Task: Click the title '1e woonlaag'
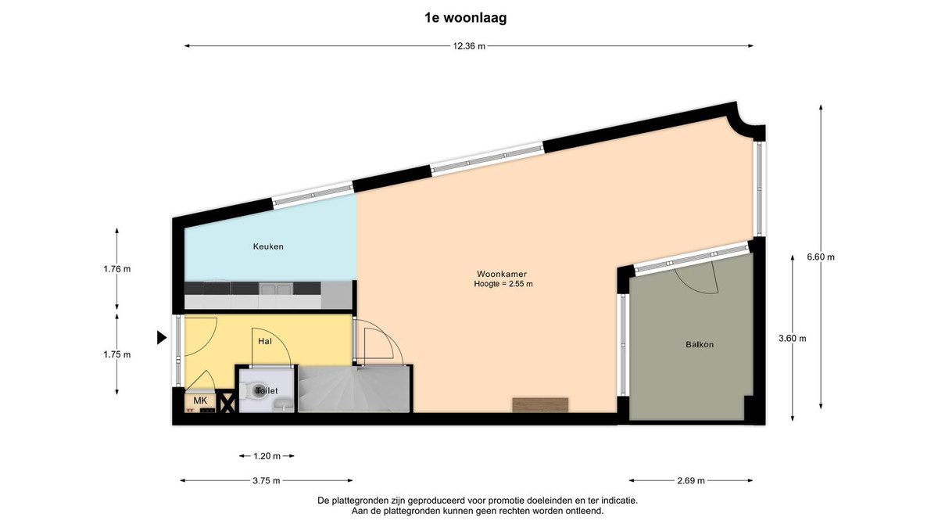click(466, 17)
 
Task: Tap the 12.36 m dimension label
click(469, 46)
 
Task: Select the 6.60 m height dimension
click(821, 257)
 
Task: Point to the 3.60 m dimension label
click(793, 338)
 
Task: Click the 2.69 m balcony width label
click(691, 480)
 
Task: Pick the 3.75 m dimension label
click(267, 480)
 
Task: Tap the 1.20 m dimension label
click(267, 456)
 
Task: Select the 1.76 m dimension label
click(116, 269)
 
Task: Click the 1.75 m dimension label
click(116, 354)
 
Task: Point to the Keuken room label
click(268, 246)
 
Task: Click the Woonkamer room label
click(502, 274)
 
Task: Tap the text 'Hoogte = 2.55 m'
click(503, 284)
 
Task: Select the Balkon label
click(700, 344)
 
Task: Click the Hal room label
click(265, 341)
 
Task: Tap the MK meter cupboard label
click(200, 400)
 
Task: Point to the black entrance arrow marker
click(162, 337)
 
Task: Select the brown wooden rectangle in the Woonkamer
click(540, 405)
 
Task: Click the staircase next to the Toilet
click(354, 390)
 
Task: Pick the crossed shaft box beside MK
click(227, 402)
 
